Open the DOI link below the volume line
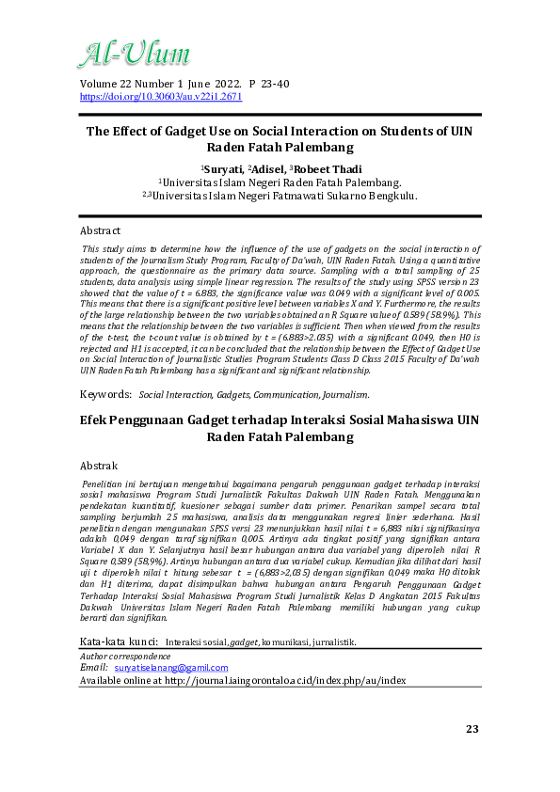pyautogui.click(x=161, y=96)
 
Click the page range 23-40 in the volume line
pyautogui.click(x=269, y=84)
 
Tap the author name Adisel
pyautogui.click(x=270, y=168)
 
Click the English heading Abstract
pyautogui.click(x=101, y=230)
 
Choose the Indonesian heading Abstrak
pyautogui.click(x=99, y=466)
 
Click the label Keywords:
pyautogui.click(x=105, y=395)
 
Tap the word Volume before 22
pyautogui.click(x=102, y=84)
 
